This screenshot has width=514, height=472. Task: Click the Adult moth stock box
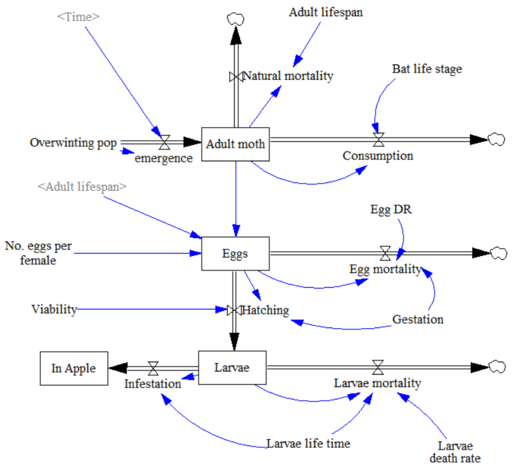[235, 144]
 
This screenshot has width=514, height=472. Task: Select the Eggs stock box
[235, 253]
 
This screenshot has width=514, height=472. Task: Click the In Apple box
[74, 368]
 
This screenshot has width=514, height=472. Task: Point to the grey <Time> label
[78, 17]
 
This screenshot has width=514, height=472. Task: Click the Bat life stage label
[427, 69]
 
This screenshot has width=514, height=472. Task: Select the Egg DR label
[391, 209]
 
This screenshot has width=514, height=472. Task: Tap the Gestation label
[418, 320]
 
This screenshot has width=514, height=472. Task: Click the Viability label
[54, 309]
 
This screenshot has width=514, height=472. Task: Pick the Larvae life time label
[308, 443]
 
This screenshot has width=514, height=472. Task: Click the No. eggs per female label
[38, 253]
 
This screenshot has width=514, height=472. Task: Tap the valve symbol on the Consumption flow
[378, 140]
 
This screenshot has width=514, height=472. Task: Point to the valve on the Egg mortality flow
[385, 253]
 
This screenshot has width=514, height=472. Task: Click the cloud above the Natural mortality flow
[235, 19]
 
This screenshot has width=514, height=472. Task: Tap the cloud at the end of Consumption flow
[496, 140]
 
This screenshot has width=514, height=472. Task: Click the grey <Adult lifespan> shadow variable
[82, 187]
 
